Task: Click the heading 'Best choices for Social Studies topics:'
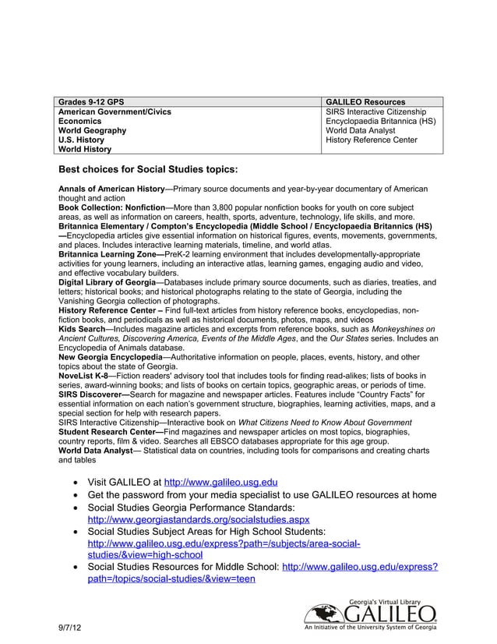pos(148,169)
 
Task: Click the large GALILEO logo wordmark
pos(389,615)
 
